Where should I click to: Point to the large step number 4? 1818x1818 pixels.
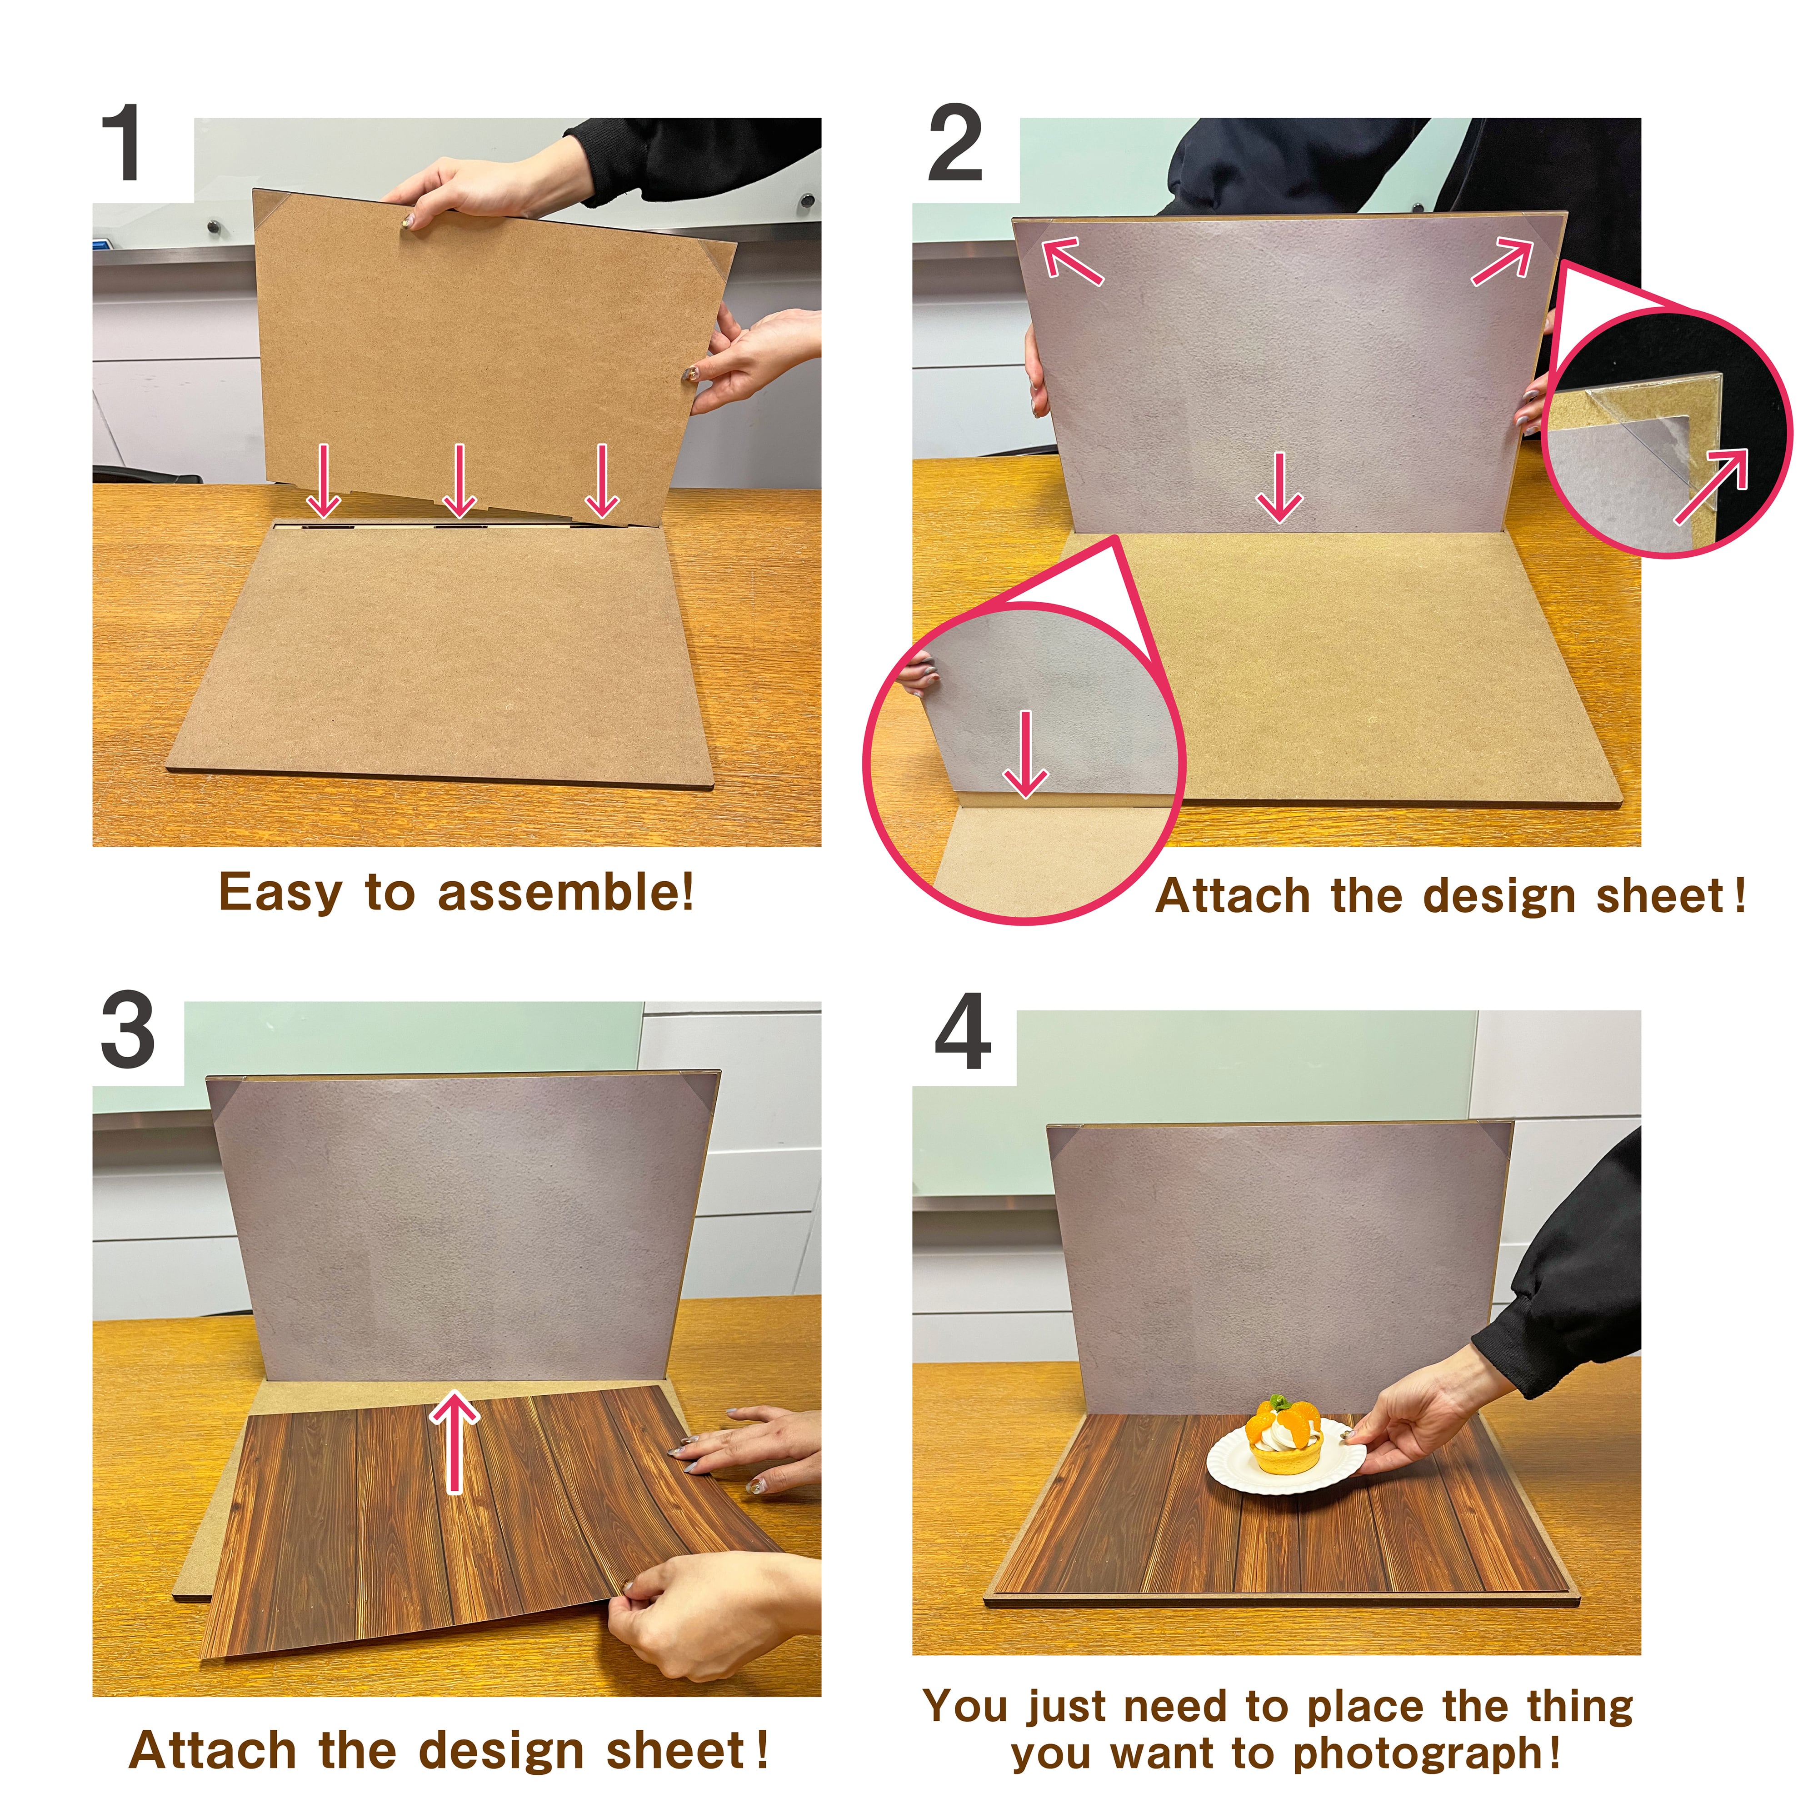[963, 1032]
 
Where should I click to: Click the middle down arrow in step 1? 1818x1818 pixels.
[459, 481]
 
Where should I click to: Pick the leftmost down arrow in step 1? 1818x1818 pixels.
[324, 481]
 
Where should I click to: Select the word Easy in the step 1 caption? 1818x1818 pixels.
[280, 892]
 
